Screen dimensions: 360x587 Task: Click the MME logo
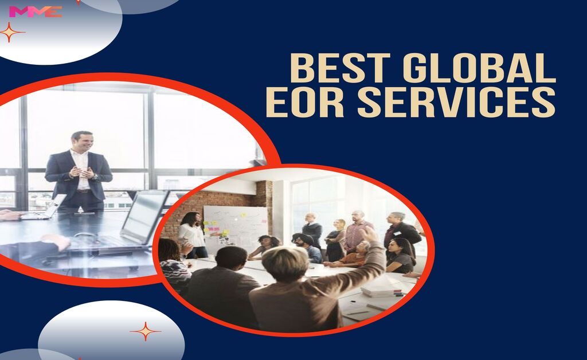click(35, 11)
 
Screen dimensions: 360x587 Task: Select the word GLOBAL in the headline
click(479, 69)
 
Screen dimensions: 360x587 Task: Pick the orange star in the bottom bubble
click(145, 331)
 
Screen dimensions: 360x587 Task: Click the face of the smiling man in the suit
click(81, 142)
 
